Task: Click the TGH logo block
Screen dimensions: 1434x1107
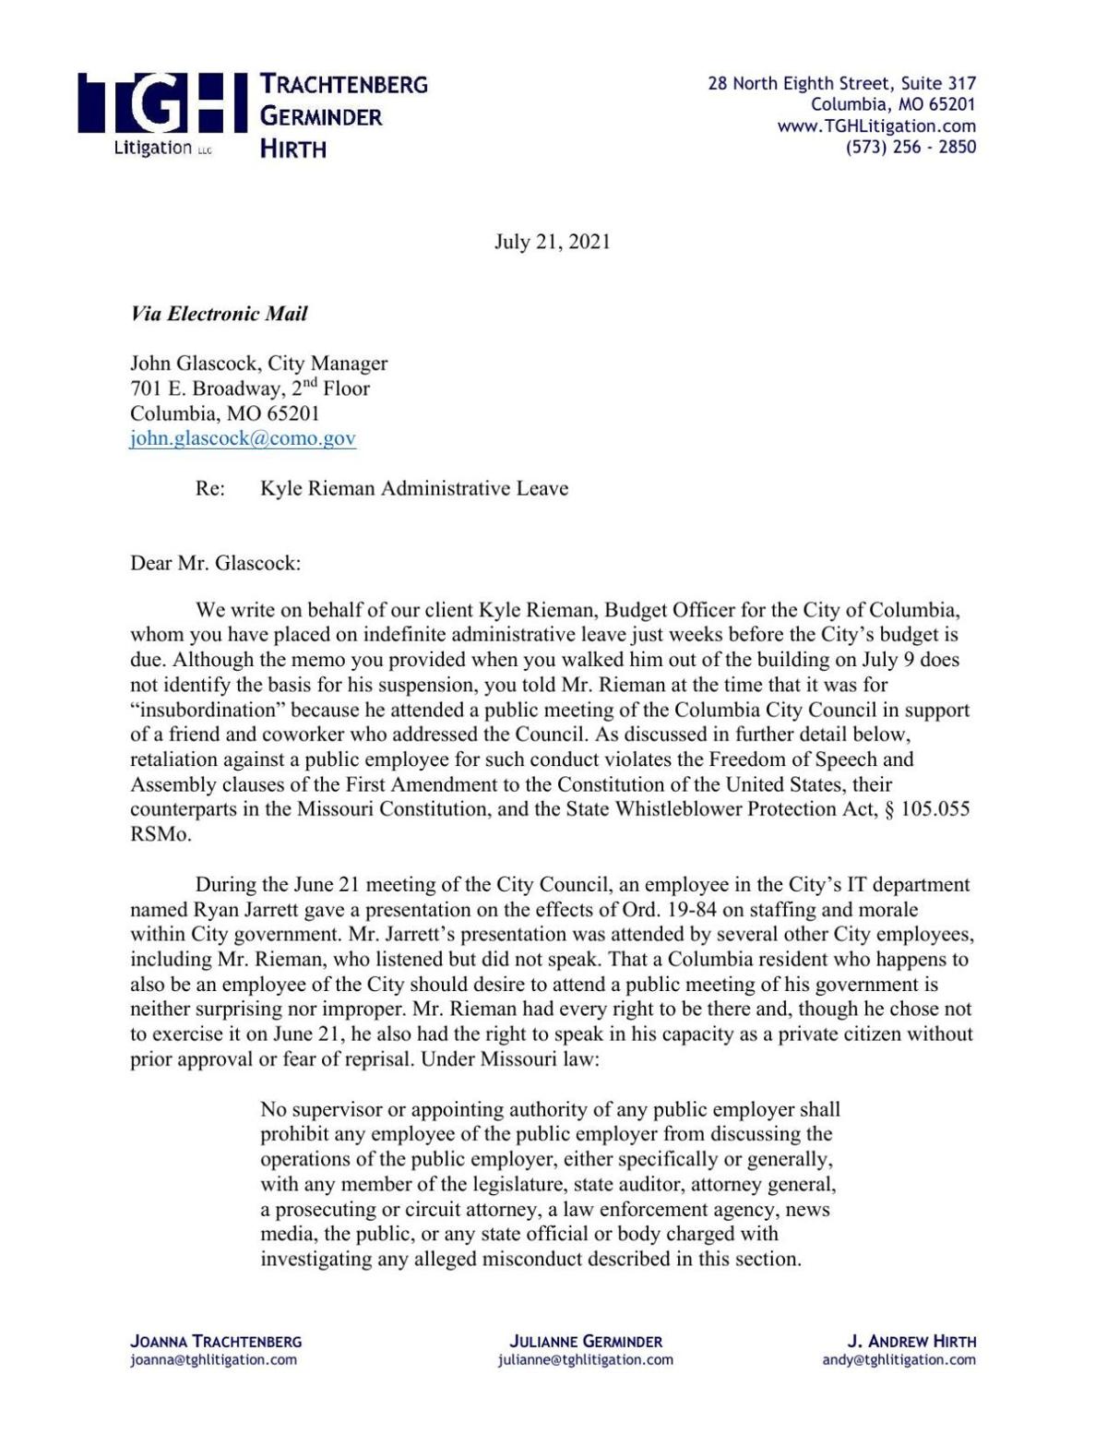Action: (162, 113)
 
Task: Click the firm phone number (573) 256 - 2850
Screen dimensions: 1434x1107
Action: (911, 147)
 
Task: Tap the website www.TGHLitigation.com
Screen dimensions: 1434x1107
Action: (876, 125)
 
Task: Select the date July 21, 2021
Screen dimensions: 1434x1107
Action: (552, 242)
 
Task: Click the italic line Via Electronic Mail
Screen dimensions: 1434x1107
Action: (219, 314)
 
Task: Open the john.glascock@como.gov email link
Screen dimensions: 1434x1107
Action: (243, 438)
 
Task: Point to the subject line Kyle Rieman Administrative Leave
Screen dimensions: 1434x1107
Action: (414, 488)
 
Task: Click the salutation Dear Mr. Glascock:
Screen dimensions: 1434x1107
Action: (215, 563)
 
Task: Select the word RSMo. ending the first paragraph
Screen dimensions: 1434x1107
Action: (161, 834)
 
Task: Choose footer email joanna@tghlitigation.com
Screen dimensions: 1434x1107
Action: (214, 1359)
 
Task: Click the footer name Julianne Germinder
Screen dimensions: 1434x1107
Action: (586, 1341)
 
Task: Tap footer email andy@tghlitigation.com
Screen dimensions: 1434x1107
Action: (899, 1359)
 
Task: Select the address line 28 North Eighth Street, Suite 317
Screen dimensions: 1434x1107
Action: (841, 83)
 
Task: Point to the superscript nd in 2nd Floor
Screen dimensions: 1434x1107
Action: (311, 382)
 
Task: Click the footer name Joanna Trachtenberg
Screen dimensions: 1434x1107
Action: (216, 1341)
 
